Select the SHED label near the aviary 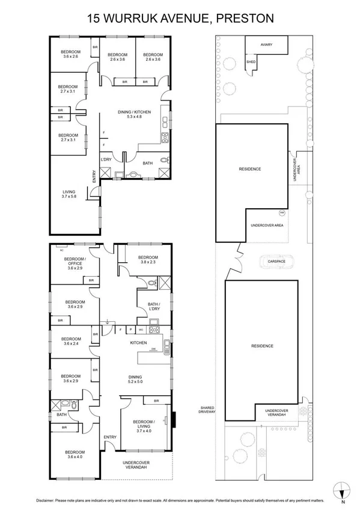coord(251,60)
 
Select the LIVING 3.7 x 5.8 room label coord(69,194)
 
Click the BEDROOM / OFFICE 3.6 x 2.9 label coord(75,263)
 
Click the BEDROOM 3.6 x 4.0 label coord(75,454)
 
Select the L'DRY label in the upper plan coord(106,159)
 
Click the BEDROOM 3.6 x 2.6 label coord(70,54)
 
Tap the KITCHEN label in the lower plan coord(139,343)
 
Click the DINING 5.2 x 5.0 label coord(135,379)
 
